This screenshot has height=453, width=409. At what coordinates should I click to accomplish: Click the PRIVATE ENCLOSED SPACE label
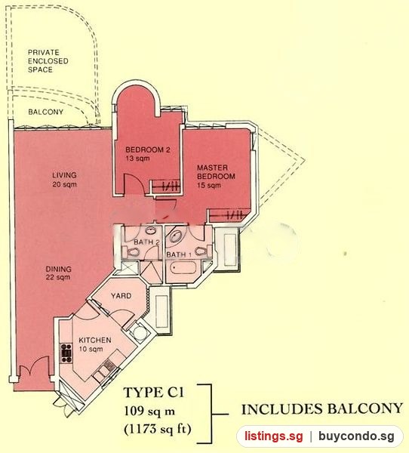pyautogui.click(x=48, y=61)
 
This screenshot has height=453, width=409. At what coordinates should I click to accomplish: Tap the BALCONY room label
pyautogui.click(x=45, y=112)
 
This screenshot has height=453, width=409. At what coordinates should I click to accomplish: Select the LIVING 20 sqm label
pyautogui.click(x=64, y=180)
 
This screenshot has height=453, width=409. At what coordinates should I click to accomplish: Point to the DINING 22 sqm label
pyautogui.click(x=58, y=273)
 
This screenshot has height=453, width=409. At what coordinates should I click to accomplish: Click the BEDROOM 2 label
pyautogui.click(x=148, y=154)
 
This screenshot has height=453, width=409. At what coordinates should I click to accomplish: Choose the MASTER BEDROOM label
pyautogui.click(x=216, y=176)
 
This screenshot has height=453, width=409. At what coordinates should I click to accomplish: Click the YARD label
pyautogui.click(x=121, y=296)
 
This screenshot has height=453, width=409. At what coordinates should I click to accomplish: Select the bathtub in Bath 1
pyautogui.click(x=183, y=268)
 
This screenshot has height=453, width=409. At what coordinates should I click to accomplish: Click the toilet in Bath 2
pyautogui.click(x=133, y=252)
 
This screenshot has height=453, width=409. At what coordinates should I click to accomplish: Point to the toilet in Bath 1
pyautogui.click(x=201, y=251)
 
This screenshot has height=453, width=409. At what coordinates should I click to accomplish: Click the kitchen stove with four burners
pyautogui.click(x=66, y=353)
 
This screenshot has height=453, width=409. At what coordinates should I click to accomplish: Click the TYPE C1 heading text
pyautogui.click(x=154, y=393)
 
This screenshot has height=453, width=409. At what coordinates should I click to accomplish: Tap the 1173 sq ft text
pyautogui.click(x=158, y=429)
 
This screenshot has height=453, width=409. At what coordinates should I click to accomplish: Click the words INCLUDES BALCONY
pyautogui.click(x=321, y=408)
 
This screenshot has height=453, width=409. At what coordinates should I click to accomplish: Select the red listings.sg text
pyautogui.click(x=274, y=436)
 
